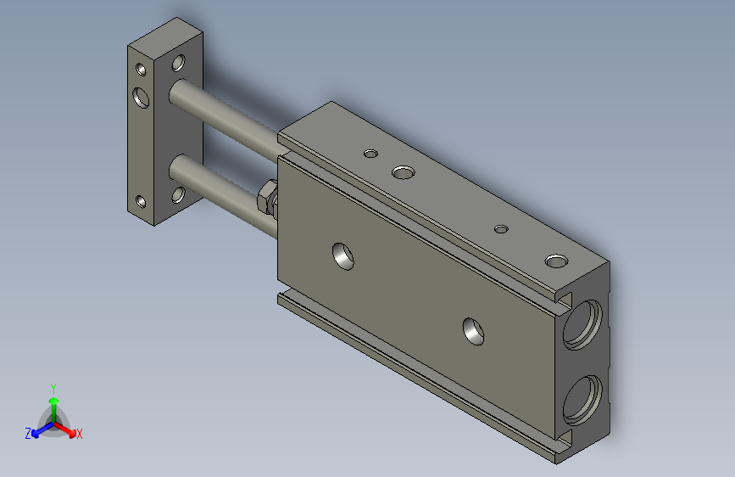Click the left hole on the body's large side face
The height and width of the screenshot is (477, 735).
coord(343,255)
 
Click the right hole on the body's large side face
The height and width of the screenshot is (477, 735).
coord(474,331)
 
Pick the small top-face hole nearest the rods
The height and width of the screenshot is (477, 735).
coord(370,154)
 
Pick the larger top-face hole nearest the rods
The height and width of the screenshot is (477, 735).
coord(404,173)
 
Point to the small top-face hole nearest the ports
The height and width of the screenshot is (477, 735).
coord(501,228)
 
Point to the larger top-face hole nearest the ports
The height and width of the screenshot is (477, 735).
coord(556,260)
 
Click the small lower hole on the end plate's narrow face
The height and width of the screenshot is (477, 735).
coord(139,203)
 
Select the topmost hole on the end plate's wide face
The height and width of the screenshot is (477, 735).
coord(178,62)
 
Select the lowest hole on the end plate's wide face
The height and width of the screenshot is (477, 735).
coord(178,195)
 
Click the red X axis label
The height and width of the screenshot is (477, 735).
coord(80,434)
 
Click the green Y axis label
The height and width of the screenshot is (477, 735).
coord(53,386)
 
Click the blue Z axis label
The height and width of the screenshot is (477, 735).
coord(28,433)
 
